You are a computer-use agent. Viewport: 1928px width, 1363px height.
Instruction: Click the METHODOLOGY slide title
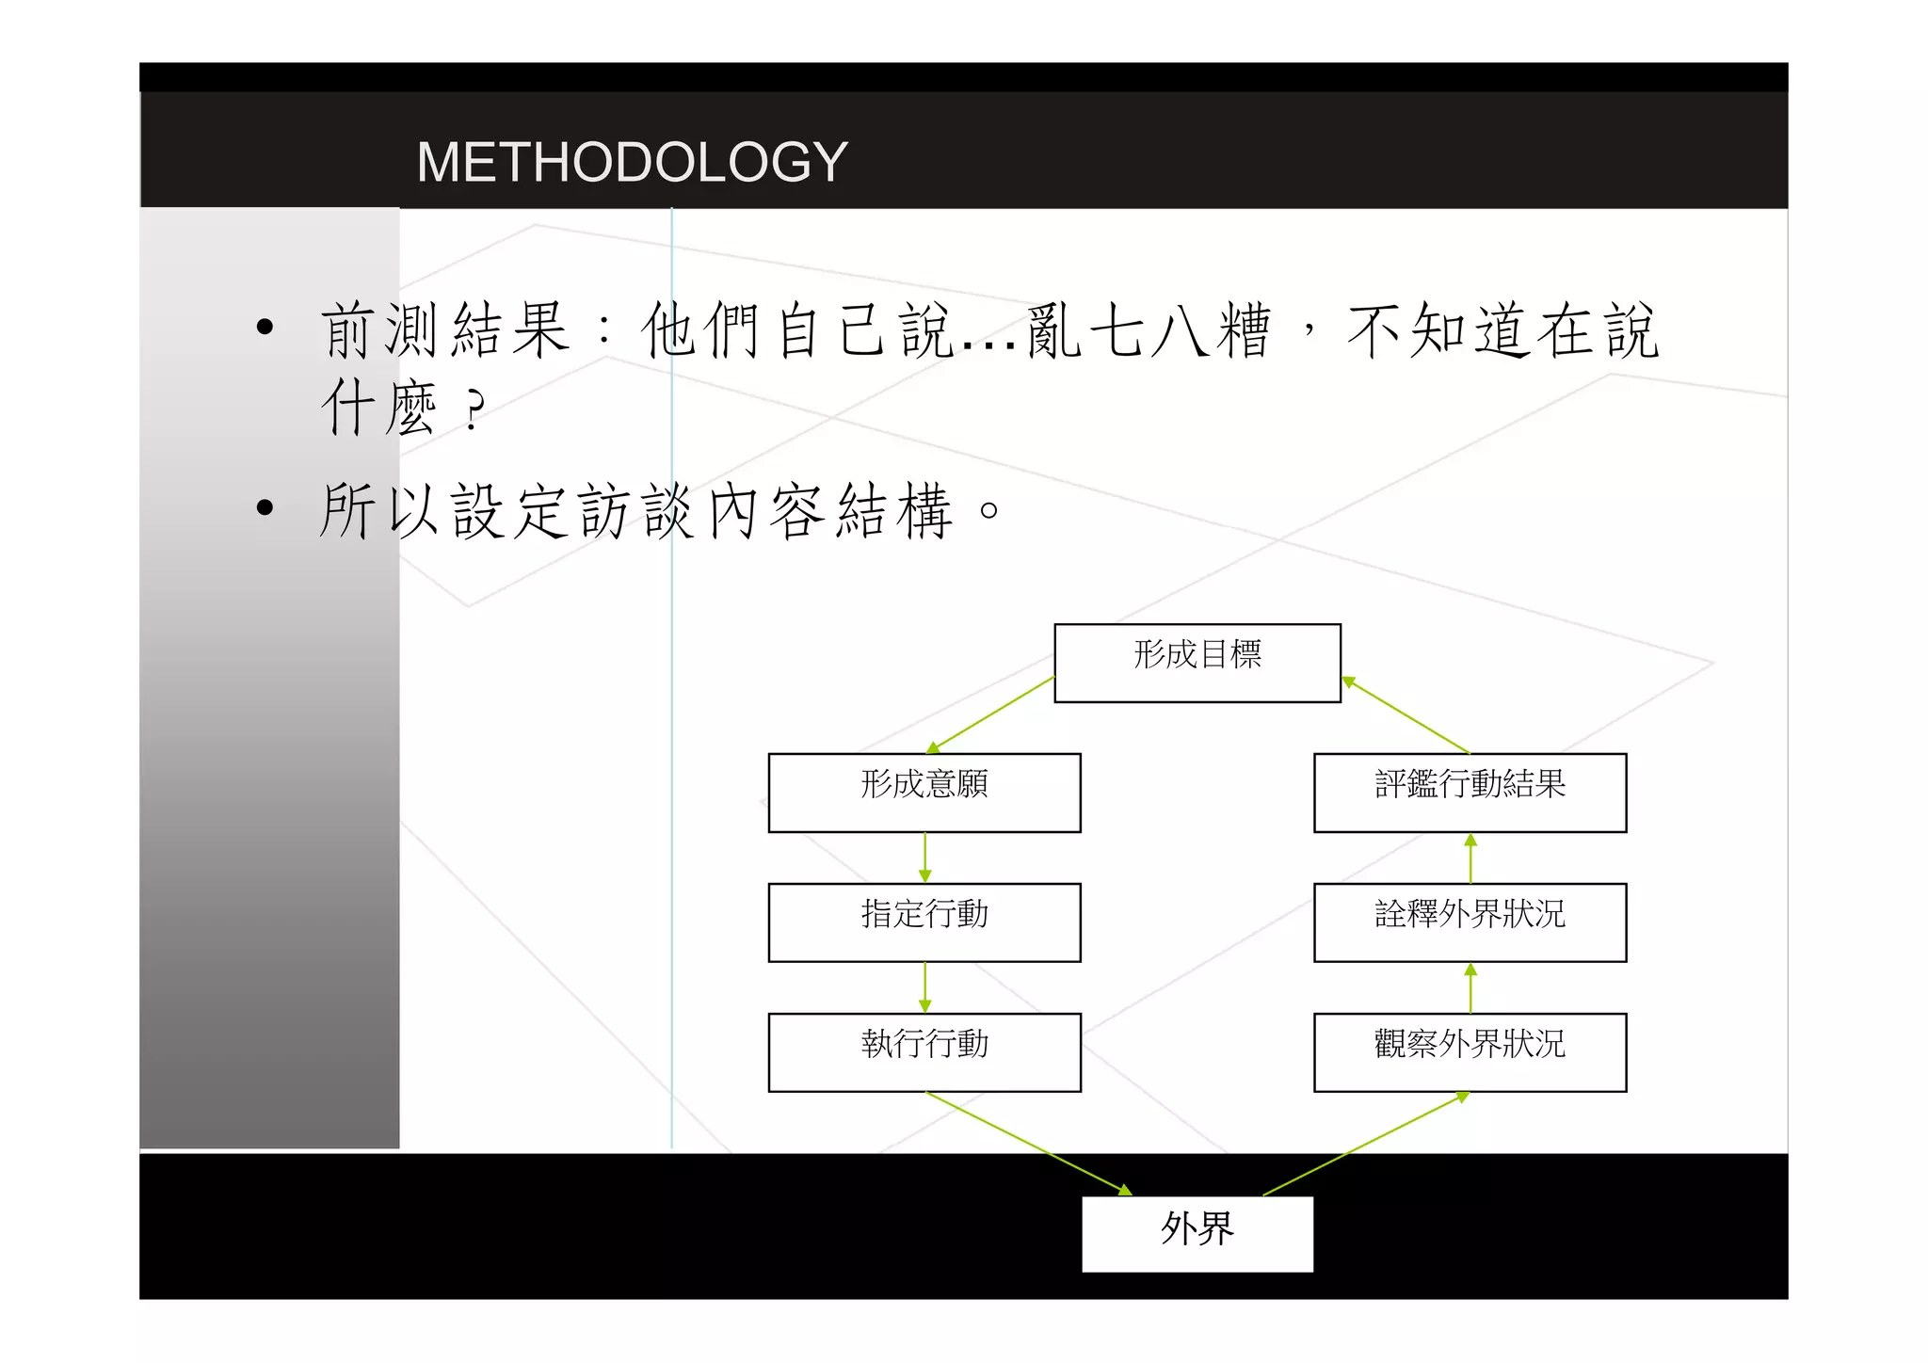click(x=632, y=162)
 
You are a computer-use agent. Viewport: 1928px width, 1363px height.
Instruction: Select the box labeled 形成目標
click(x=1197, y=663)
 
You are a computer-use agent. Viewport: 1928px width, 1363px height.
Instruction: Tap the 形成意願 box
click(x=924, y=793)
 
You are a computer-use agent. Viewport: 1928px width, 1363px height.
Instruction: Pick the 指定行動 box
click(x=924, y=922)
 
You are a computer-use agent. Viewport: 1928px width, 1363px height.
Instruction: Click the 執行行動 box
click(x=924, y=1052)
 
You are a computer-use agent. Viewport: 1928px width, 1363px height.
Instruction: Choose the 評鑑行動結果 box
click(x=1470, y=793)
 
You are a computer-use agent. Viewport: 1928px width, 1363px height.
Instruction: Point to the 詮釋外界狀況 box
click(x=1470, y=922)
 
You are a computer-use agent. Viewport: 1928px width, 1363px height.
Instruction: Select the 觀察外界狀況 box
click(x=1470, y=1052)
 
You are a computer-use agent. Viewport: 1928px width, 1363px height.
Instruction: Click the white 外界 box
click(x=1197, y=1233)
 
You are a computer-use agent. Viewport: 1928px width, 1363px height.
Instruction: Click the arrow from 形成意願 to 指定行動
click(x=924, y=858)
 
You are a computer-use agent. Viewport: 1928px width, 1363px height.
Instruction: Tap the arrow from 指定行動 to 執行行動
click(x=924, y=987)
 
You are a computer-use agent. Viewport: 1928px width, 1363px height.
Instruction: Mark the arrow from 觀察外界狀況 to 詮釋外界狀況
click(x=1470, y=987)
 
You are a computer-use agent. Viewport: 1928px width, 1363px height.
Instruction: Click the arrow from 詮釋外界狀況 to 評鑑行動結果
click(x=1470, y=858)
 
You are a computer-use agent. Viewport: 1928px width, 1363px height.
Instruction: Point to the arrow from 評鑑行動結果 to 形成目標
click(x=1406, y=714)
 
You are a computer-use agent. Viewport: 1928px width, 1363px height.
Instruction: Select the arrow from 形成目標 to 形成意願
click(x=990, y=715)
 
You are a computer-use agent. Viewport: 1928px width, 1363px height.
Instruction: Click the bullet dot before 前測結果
click(x=265, y=328)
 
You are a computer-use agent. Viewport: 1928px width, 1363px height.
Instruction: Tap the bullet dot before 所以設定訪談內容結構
click(x=265, y=508)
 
